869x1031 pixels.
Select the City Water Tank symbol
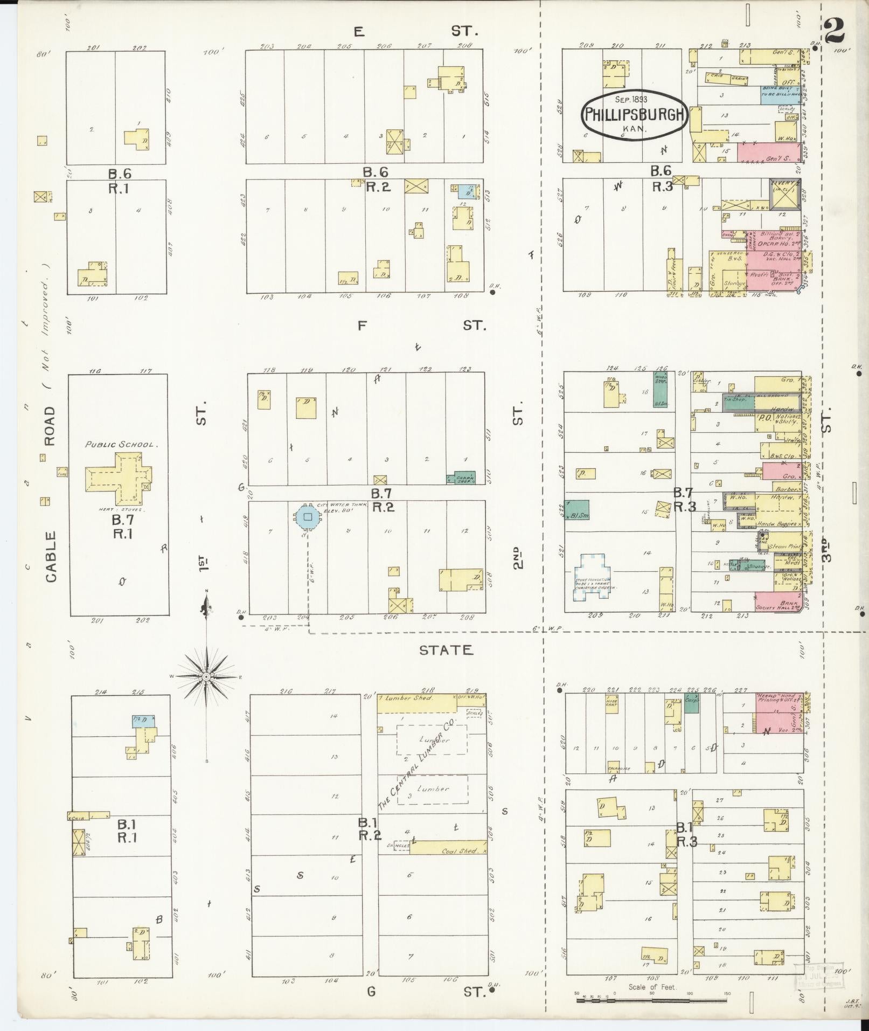(x=307, y=516)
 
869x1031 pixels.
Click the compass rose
(x=207, y=676)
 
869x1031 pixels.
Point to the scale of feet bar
(x=652, y=1000)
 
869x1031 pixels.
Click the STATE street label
(x=446, y=650)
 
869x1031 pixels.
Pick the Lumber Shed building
(x=415, y=703)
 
